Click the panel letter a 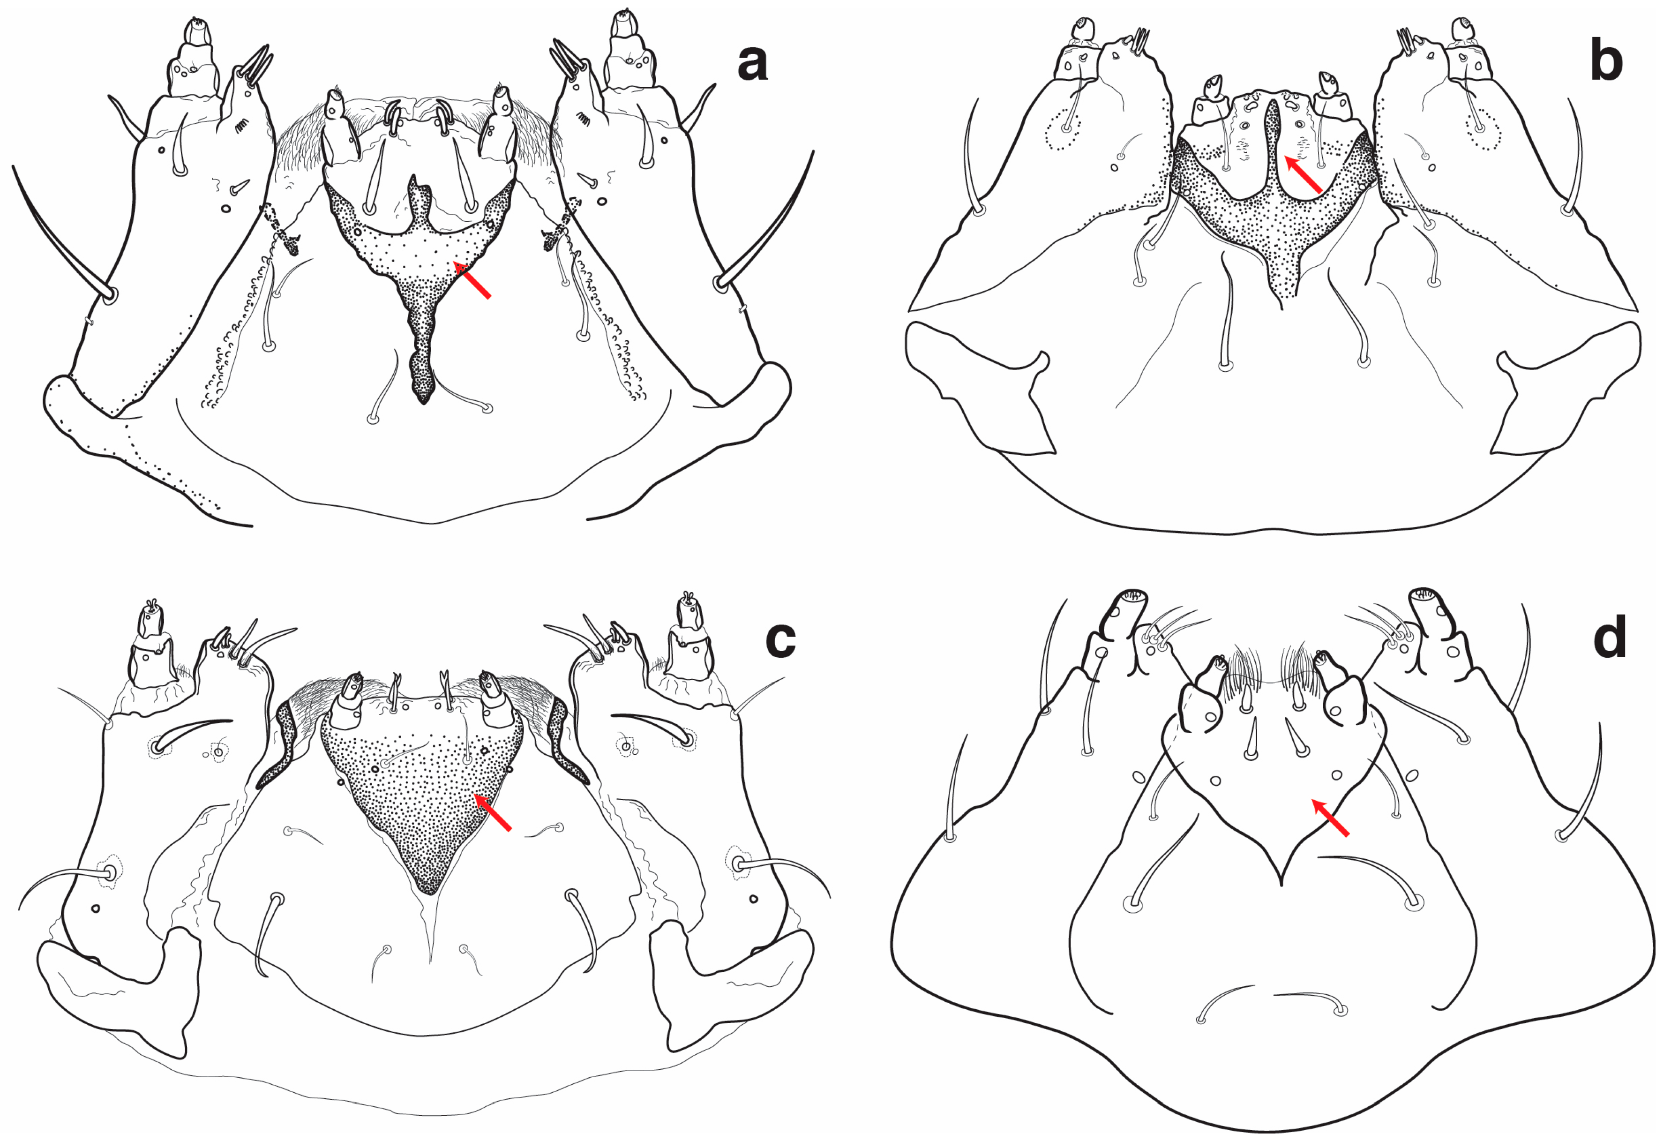point(752,62)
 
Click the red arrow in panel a point(472,280)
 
